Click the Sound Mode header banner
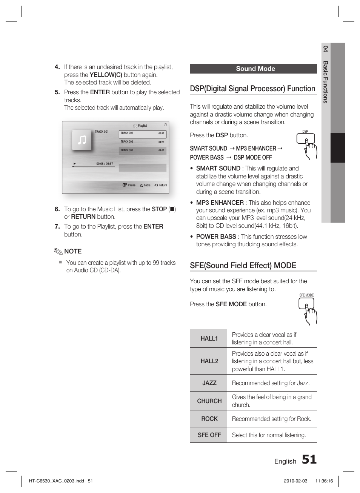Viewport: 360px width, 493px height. [x=253, y=69]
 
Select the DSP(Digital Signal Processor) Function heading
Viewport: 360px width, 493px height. [x=252, y=89]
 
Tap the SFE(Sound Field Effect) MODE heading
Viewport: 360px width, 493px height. [x=243, y=266]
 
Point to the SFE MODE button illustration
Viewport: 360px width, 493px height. [x=307, y=309]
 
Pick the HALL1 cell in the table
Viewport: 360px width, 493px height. [x=209, y=339]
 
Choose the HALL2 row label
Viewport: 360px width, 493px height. [x=209, y=361]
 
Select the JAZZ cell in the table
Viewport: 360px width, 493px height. [x=209, y=383]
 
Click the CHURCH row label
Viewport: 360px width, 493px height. [x=209, y=401]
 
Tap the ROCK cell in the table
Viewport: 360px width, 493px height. [x=209, y=419]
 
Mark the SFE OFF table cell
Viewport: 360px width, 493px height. [x=209, y=435]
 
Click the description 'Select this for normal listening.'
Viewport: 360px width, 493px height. [x=269, y=435]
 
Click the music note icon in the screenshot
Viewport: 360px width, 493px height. [x=82, y=140]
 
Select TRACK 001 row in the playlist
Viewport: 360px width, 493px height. [x=142, y=134]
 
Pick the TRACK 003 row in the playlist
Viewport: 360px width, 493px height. [x=142, y=151]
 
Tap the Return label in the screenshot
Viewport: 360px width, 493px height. [x=161, y=185]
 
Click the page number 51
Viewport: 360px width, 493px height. [x=309, y=459]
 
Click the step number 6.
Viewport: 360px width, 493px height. [x=57, y=209]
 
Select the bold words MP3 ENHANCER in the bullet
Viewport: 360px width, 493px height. [x=220, y=203]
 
